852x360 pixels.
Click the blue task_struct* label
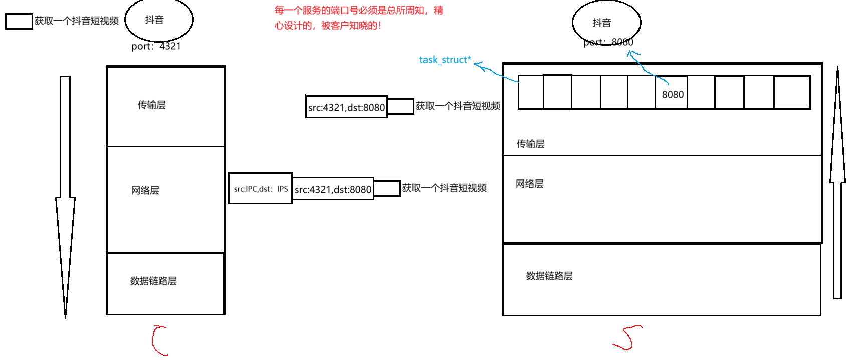tap(445, 60)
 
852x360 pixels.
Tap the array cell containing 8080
tap(671, 92)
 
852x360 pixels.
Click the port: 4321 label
tap(156, 46)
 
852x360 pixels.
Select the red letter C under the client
tap(159, 340)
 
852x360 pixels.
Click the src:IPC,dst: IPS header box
tap(260, 189)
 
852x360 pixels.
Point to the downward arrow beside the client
tap(65, 196)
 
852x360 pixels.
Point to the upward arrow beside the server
tap(837, 186)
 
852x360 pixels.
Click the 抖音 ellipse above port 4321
tap(159, 20)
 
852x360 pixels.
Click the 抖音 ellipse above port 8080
tap(606, 23)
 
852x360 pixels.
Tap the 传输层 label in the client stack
tap(151, 105)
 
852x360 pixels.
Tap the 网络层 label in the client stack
tap(145, 190)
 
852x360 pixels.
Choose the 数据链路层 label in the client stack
tap(153, 281)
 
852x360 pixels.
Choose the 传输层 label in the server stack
tap(530, 144)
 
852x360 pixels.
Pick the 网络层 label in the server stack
tap(529, 184)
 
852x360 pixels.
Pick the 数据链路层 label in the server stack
tap(549, 276)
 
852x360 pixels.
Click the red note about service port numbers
tap(358, 18)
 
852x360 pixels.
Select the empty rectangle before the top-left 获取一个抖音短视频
tap(19, 21)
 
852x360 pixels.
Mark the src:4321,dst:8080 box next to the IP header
tap(333, 189)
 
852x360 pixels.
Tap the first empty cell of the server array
tap(531, 92)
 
